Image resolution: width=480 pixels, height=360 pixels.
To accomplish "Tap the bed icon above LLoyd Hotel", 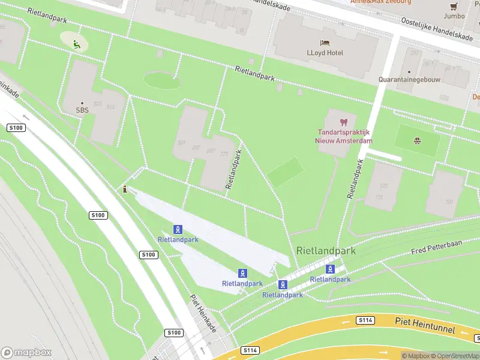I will click(x=325, y=43).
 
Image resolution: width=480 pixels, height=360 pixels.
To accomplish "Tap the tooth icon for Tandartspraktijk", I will click(x=344, y=122).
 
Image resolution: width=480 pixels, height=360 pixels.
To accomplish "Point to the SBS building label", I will click(x=82, y=110).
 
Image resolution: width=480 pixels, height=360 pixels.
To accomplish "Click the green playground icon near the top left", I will click(x=76, y=43).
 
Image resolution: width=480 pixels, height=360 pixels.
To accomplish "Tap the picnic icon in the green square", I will click(x=416, y=141).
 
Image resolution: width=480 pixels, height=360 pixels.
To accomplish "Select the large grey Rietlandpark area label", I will click(x=326, y=251).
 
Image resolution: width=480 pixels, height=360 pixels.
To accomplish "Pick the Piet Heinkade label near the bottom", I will click(x=203, y=313).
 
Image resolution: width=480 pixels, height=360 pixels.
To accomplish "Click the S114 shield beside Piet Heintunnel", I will click(x=365, y=320).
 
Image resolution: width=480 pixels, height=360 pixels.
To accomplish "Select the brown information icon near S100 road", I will click(x=125, y=189).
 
